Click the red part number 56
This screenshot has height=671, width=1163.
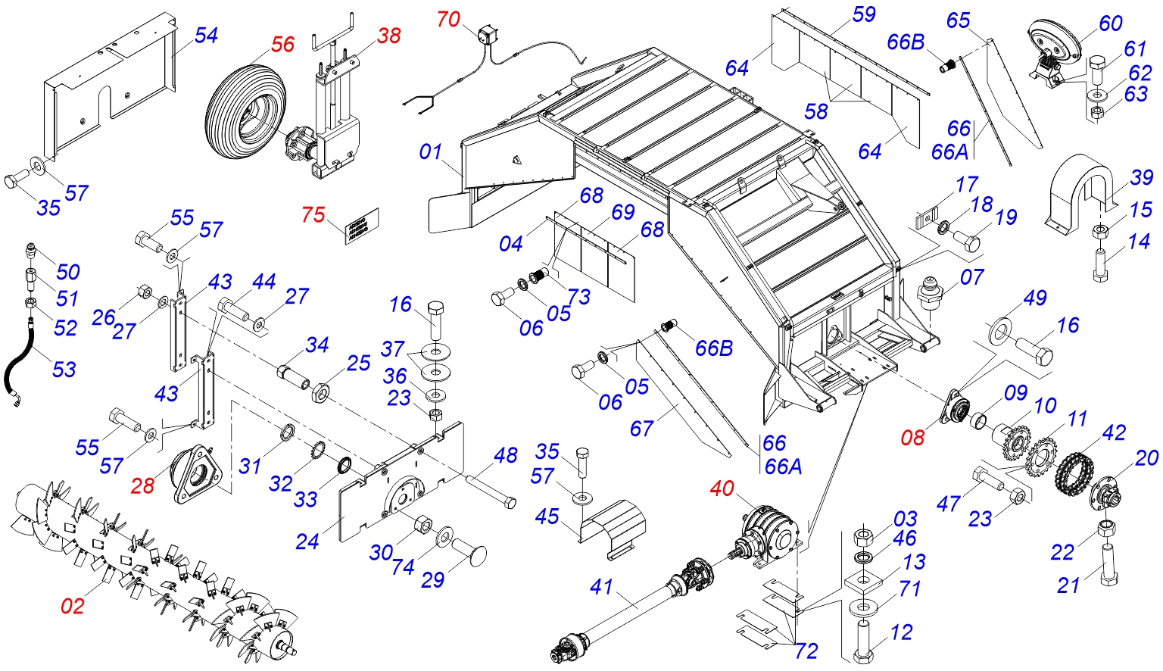tap(283, 44)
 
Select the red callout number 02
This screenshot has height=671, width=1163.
tap(72, 606)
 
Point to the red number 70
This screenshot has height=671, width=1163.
tap(448, 19)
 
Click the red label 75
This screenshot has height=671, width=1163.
tap(313, 214)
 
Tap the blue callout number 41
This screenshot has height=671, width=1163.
tap(602, 587)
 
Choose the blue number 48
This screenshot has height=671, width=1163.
tap(505, 455)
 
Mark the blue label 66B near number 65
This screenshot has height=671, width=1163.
tap(906, 42)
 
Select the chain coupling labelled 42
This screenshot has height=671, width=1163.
tap(1074, 473)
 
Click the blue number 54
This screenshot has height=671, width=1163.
tap(206, 36)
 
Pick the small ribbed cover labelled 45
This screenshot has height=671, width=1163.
tap(613, 529)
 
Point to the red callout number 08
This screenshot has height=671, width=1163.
tap(912, 438)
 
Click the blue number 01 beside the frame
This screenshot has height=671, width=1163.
tap(430, 152)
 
